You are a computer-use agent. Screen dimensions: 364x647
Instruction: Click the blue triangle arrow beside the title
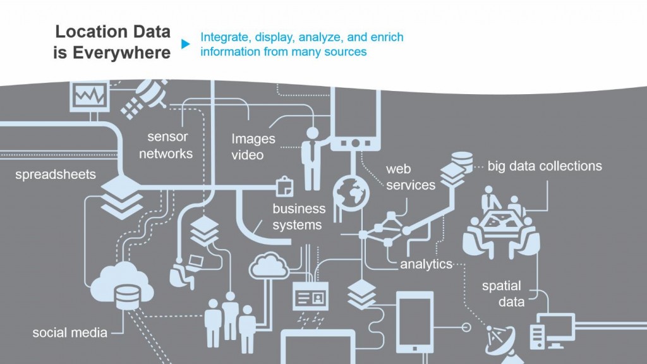[x=185, y=44]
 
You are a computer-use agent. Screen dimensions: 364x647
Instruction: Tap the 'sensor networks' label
[x=167, y=145]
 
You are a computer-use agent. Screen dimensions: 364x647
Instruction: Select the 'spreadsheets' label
[x=56, y=174]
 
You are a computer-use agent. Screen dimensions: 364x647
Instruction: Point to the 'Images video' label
[x=253, y=146]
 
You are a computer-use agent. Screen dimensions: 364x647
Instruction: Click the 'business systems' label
[x=299, y=216]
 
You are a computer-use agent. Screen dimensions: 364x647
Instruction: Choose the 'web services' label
[x=411, y=177]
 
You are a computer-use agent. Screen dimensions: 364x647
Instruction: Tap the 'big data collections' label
[x=544, y=166]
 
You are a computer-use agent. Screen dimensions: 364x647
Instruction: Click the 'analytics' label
[x=426, y=264]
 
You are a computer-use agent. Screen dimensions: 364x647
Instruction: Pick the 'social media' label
[x=70, y=332]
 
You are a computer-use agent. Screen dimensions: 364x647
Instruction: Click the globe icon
[x=350, y=188]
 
